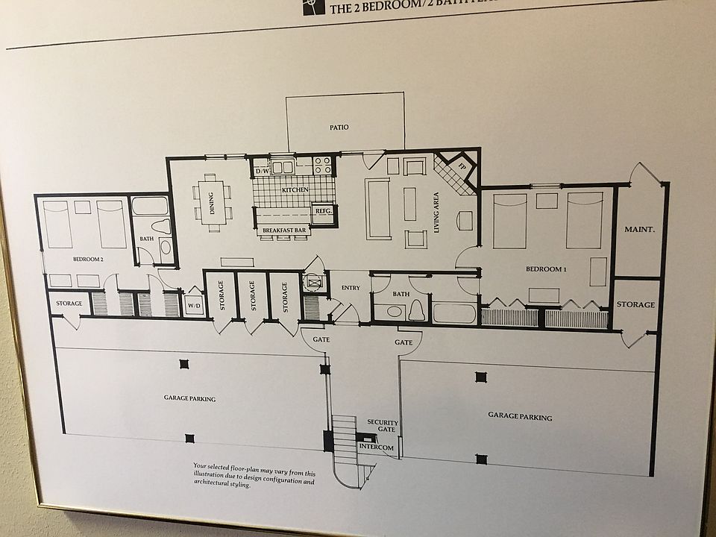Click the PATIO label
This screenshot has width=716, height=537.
339,128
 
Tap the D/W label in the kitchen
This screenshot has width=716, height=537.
262,171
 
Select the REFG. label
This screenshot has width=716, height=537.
323,211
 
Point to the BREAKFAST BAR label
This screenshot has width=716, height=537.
283,231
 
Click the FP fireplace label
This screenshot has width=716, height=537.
461,166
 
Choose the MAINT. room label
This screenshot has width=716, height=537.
639,230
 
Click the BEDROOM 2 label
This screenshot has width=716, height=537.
88,259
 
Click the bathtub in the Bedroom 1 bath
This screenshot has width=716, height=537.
453,313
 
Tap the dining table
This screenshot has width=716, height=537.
211,196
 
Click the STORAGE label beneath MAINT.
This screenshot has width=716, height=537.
635,305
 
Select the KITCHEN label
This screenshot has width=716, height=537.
295,189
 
